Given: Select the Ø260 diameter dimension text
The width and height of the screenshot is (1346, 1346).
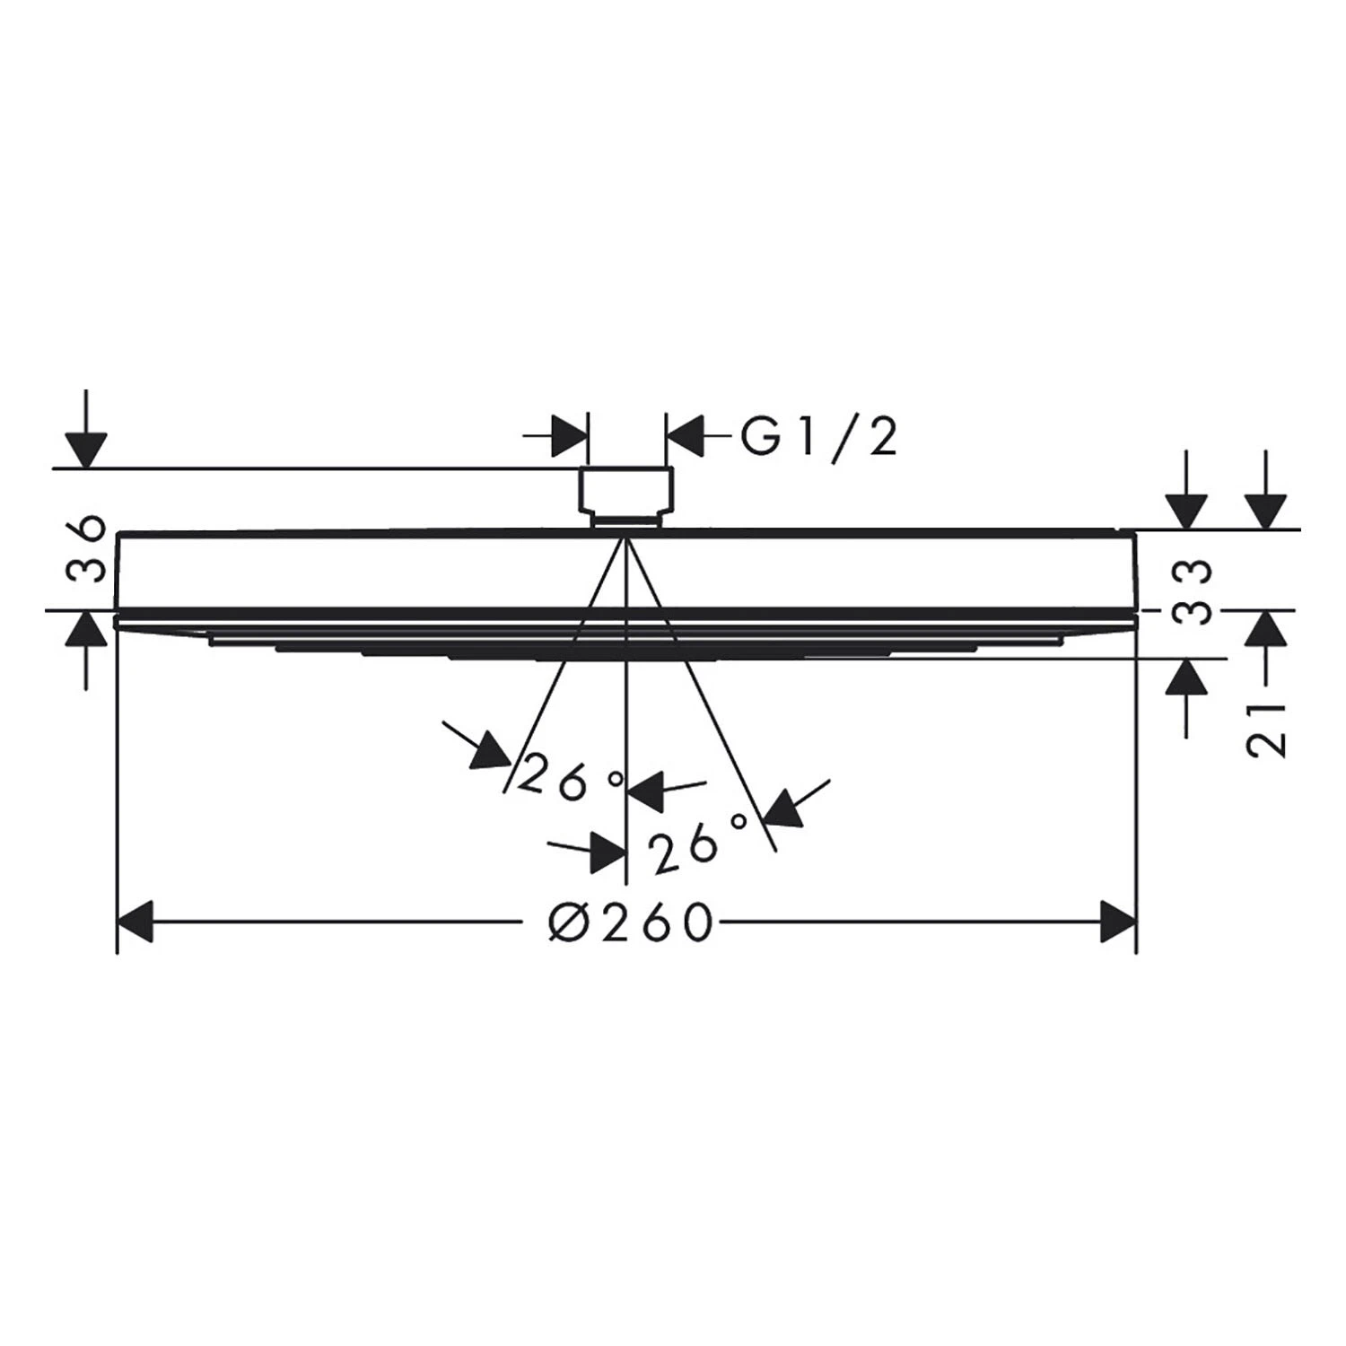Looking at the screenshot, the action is [631, 922].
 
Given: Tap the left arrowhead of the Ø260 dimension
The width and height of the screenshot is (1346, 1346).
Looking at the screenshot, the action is [135, 922].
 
